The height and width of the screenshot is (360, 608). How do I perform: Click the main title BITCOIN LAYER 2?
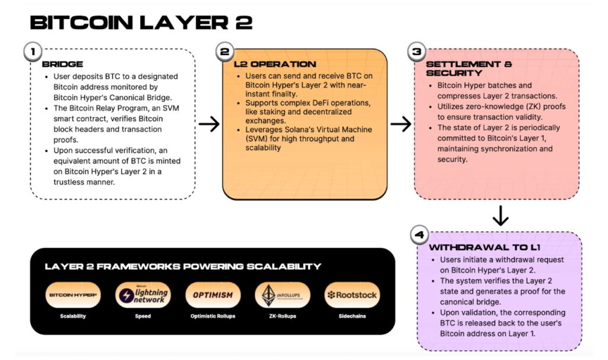[x=141, y=23]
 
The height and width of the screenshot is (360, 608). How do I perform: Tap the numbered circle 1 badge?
[x=32, y=52]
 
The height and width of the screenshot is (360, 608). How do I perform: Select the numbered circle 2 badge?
[x=224, y=52]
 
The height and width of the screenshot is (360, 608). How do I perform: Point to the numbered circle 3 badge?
[x=416, y=52]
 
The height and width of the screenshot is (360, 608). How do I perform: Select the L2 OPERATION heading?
[x=275, y=64]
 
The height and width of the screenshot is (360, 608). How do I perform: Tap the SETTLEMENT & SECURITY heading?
[x=468, y=68]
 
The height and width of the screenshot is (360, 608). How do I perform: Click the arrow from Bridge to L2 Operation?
[x=208, y=124]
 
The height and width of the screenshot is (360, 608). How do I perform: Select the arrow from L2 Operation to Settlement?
[x=401, y=124]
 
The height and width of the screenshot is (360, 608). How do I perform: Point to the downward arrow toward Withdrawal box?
[x=501, y=216]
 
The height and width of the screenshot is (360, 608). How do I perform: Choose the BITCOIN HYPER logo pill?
[x=73, y=295]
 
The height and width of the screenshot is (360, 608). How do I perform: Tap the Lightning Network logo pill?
[x=142, y=295]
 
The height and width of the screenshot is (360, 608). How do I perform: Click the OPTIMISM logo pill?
[x=213, y=295]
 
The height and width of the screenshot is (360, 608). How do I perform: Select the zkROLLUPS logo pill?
[x=282, y=295]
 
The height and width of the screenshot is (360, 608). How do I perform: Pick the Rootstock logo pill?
[x=352, y=295]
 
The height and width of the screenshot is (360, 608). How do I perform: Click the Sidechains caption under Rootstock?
[x=352, y=316]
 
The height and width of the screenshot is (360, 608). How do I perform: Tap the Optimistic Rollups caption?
[x=213, y=316]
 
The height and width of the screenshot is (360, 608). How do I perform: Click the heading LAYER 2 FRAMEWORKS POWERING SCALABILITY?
[x=183, y=266]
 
